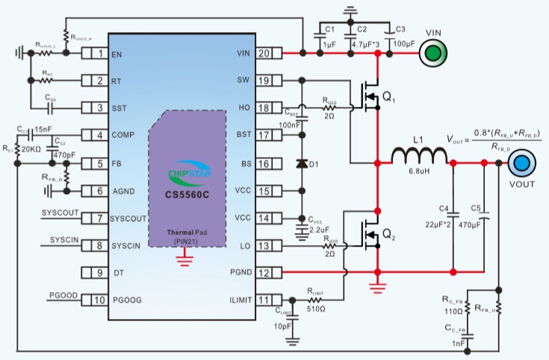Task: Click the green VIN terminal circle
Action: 434,52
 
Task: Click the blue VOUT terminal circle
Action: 520,162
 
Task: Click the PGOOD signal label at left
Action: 63,296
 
